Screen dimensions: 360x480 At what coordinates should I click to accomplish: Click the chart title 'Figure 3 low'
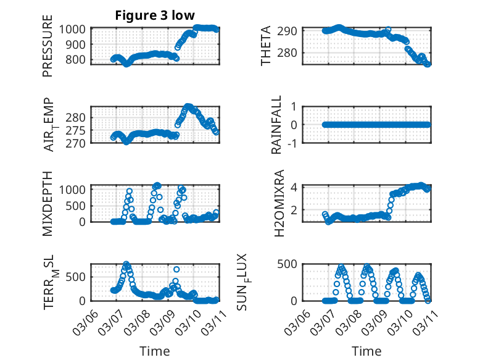155,15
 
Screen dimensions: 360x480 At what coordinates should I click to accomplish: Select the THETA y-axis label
266,46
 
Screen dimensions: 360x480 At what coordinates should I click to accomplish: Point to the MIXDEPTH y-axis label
48,203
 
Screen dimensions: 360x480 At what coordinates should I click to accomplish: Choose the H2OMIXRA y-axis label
279,203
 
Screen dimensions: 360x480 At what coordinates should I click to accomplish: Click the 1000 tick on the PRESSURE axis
75,29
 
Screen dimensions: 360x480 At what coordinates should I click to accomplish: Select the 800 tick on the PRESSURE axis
78,59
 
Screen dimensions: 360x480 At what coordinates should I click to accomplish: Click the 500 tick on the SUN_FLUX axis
289,264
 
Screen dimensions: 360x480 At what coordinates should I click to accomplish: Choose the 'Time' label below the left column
154,351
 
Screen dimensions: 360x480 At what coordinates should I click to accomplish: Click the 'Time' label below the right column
366,351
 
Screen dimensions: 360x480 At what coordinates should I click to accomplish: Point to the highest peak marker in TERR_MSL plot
126,264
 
